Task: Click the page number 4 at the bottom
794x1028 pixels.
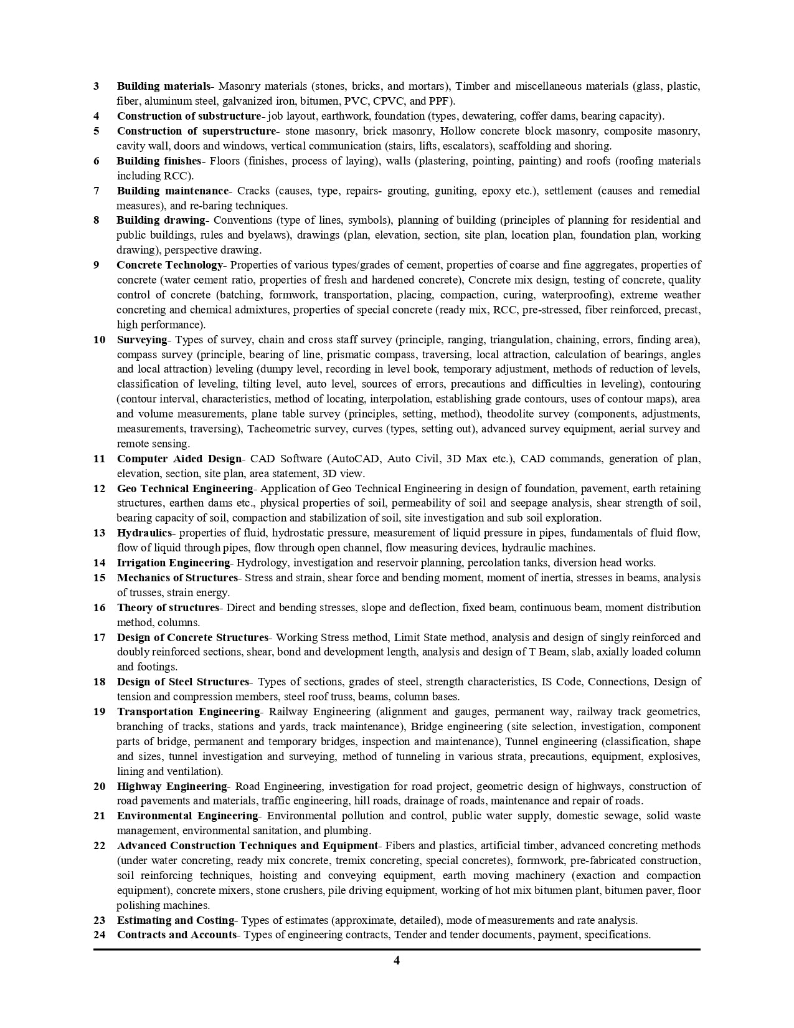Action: [397, 960]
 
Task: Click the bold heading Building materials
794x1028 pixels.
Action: [164, 86]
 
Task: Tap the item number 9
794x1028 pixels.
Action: [97, 265]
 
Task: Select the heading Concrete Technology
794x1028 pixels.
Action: [169, 265]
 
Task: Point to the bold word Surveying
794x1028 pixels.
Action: [142, 340]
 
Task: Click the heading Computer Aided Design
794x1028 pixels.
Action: [179, 459]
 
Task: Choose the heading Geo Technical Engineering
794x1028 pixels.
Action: [185, 488]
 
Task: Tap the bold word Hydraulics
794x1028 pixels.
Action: [144, 533]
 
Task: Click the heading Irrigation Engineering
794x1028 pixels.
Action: [174, 563]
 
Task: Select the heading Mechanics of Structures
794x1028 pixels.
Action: [177, 578]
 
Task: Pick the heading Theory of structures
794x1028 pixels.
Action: [168, 607]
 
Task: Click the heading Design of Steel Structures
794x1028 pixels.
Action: [182, 682]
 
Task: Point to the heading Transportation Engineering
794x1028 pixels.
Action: [188, 712]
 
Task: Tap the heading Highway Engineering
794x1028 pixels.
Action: [172, 786]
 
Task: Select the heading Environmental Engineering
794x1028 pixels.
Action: [187, 816]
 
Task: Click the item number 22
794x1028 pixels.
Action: [100, 845]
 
